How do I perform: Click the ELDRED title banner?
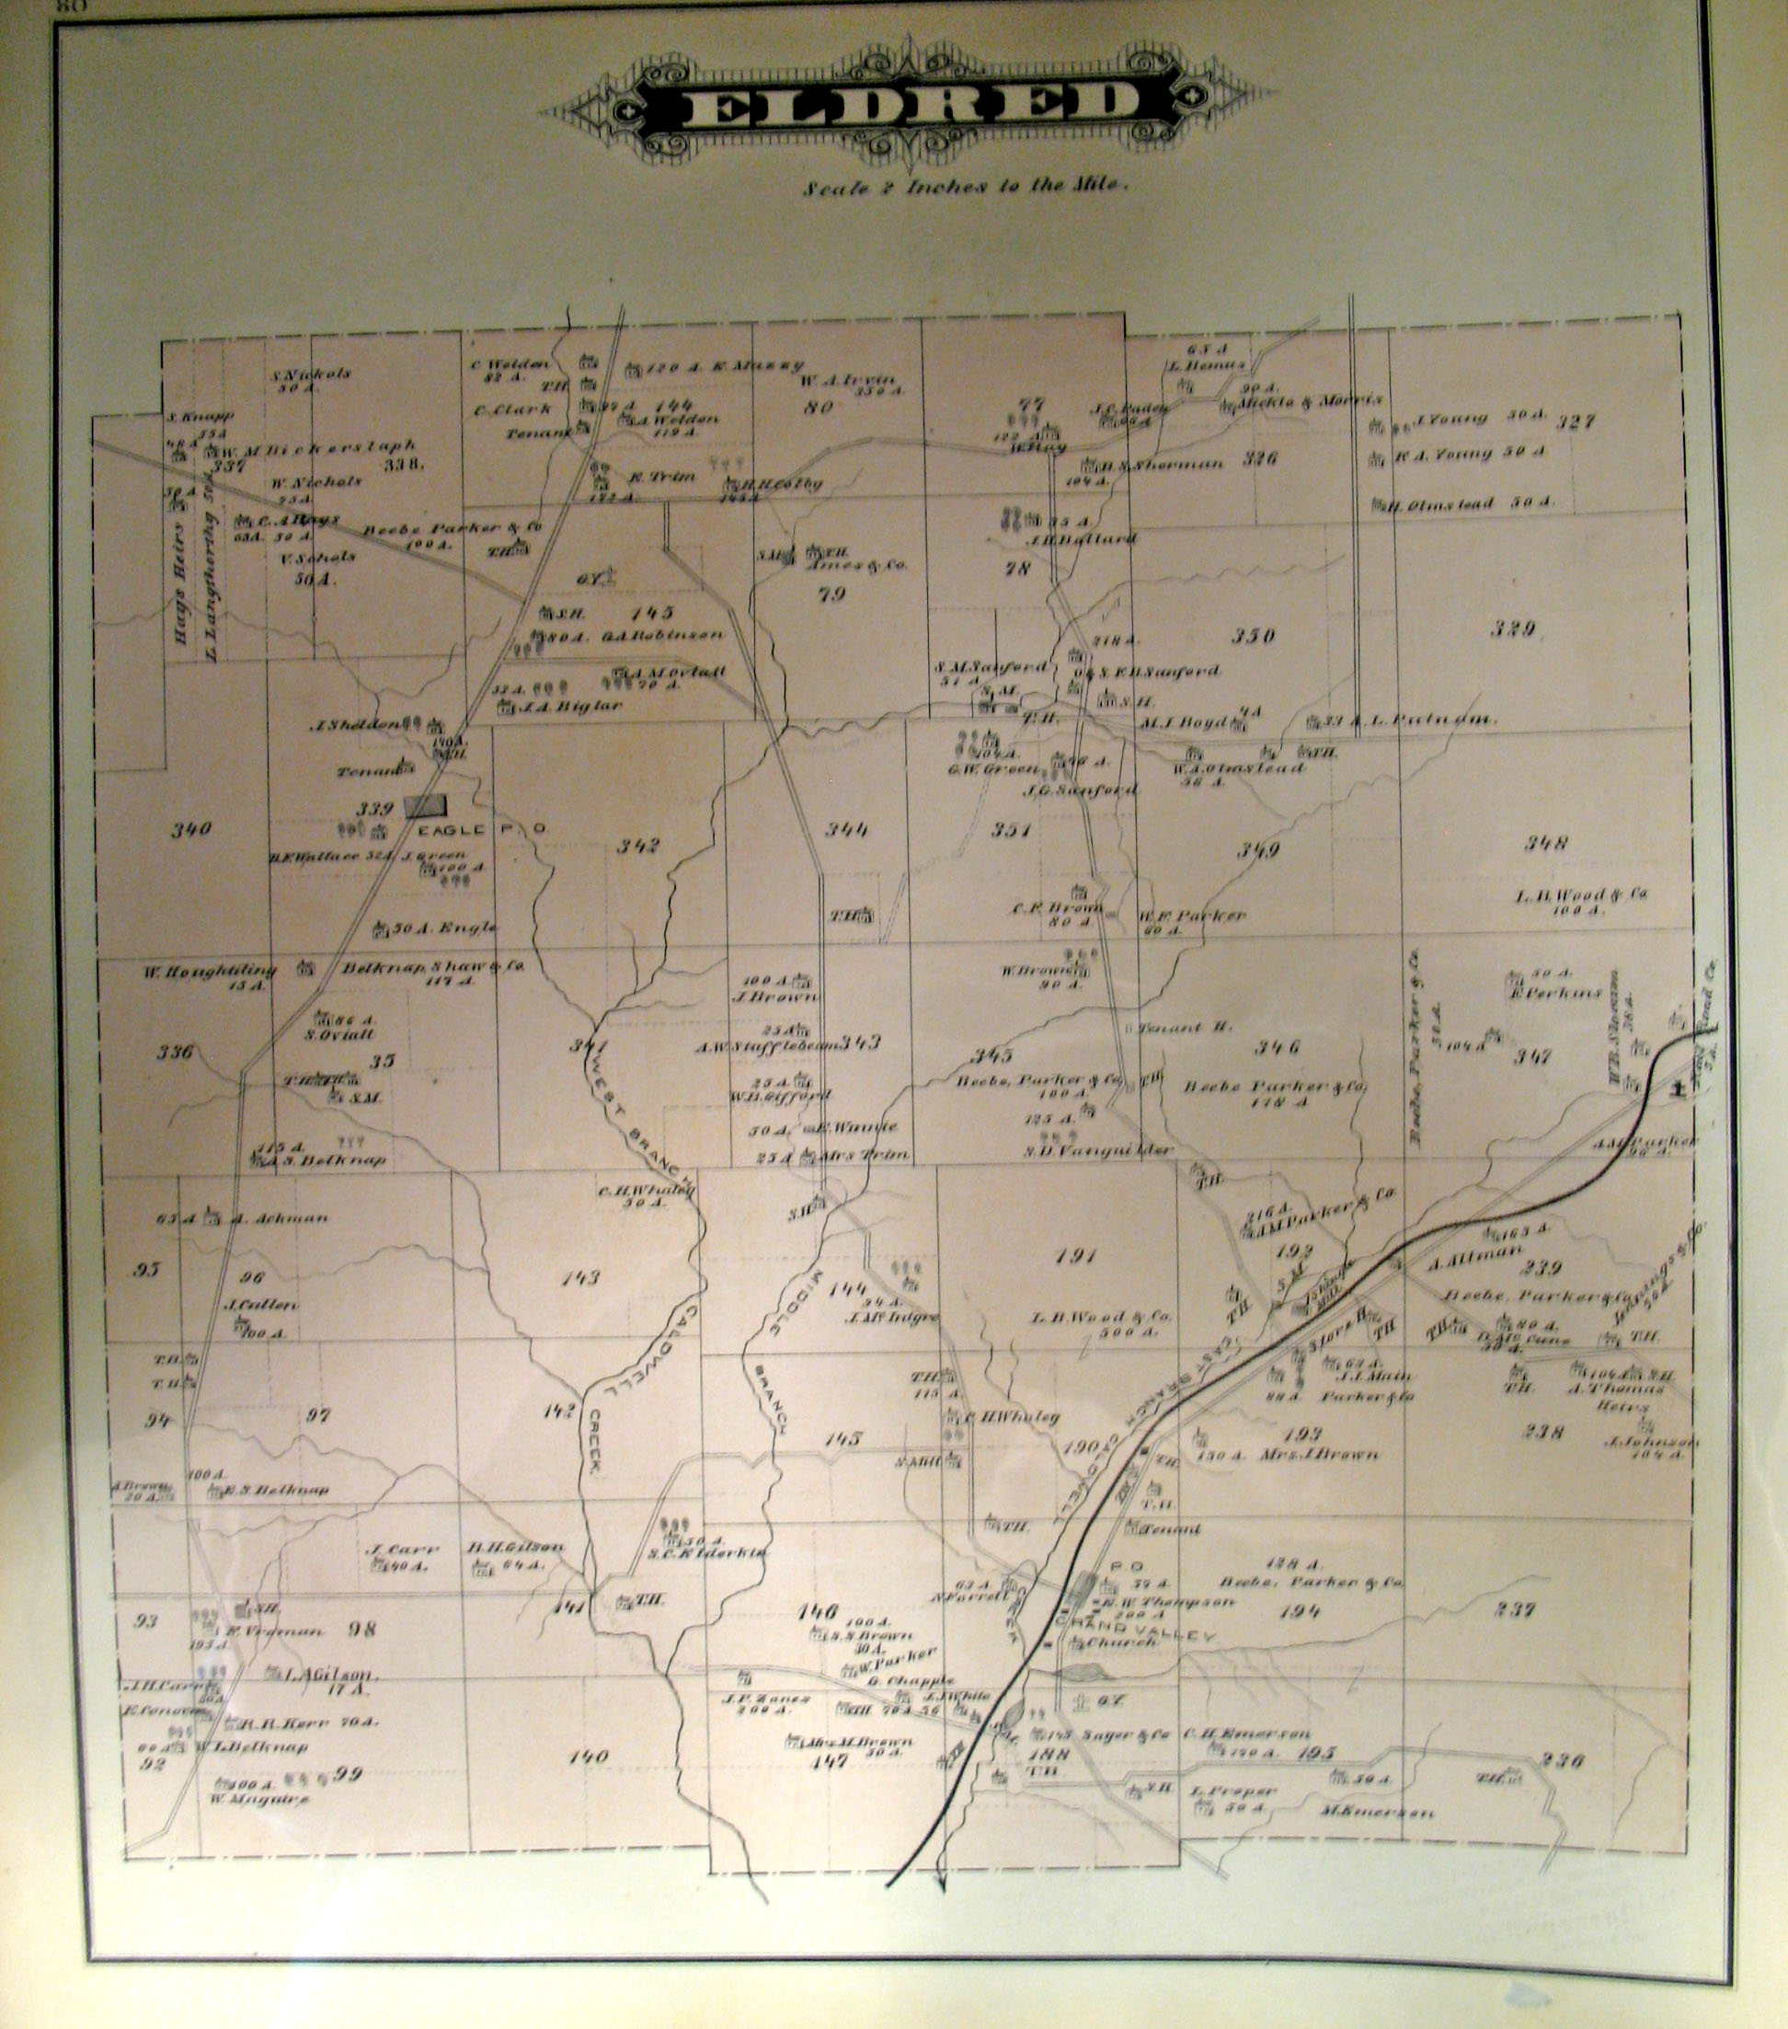click(908, 101)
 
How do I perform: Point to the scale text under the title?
click(967, 186)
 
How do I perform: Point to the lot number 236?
click(1561, 1760)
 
